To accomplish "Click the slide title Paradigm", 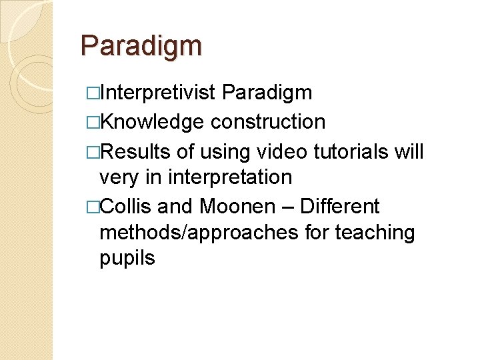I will (141, 47).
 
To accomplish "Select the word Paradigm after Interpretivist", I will (267, 93).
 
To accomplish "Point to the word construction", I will (268, 122).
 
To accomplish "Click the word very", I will (121, 178).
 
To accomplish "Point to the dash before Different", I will (287, 207).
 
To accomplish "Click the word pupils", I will (127, 259).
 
